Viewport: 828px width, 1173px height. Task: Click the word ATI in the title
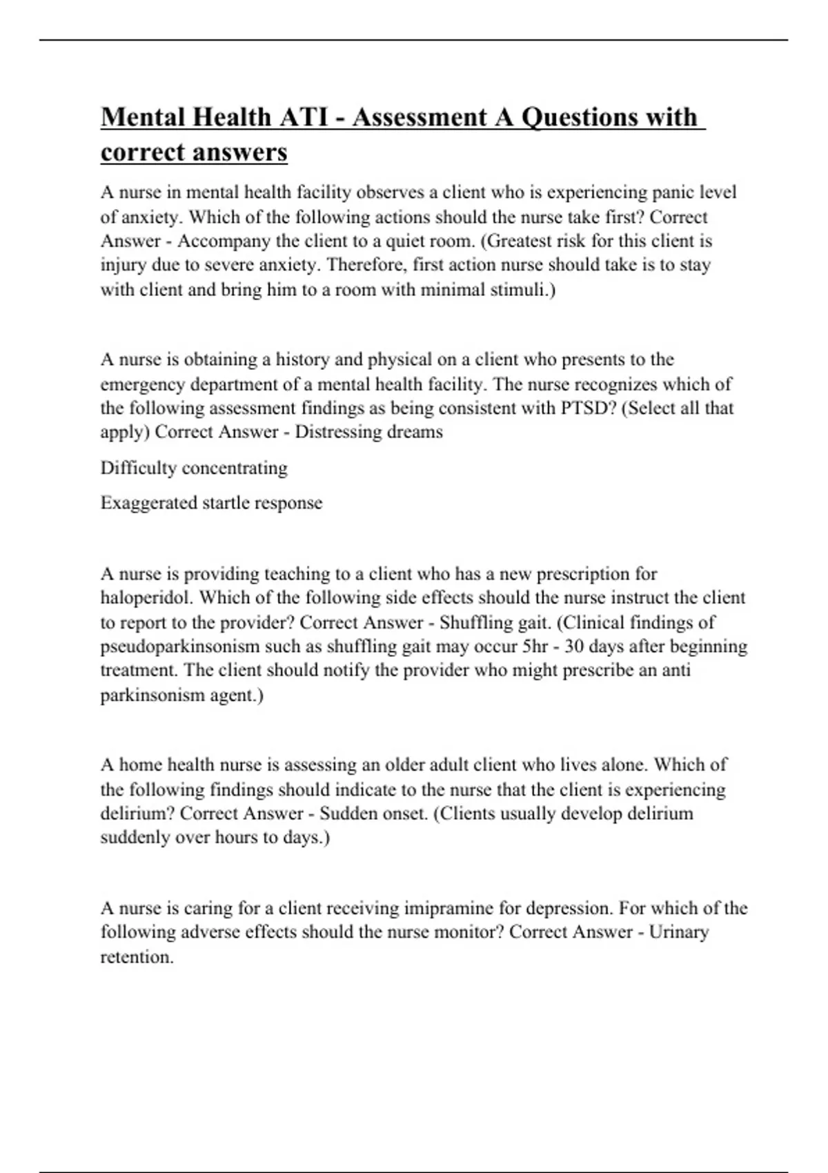pyautogui.click(x=304, y=117)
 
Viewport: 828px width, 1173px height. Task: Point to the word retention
pyautogui.click(x=137, y=957)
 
